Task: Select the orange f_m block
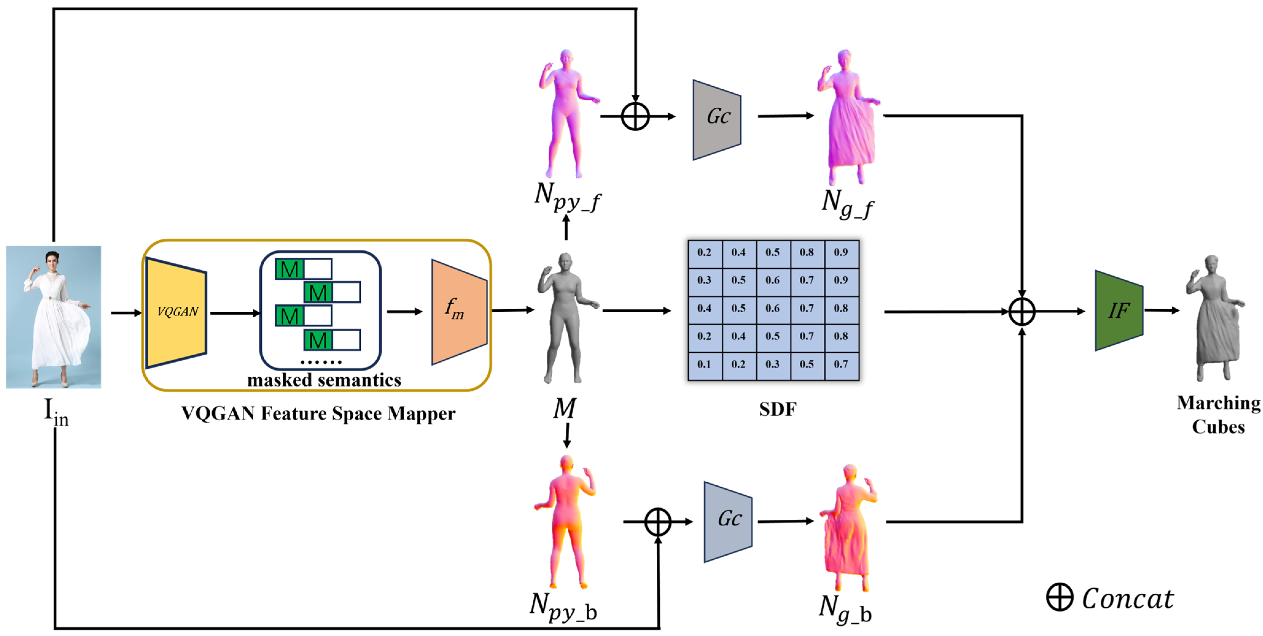pos(458,312)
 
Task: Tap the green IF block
pos(1119,311)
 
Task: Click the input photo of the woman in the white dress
pos(53,317)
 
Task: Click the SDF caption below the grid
pos(778,409)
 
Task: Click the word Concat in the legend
pos(1127,599)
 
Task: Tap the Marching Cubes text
pos(1218,414)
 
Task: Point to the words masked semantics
pos(324,380)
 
